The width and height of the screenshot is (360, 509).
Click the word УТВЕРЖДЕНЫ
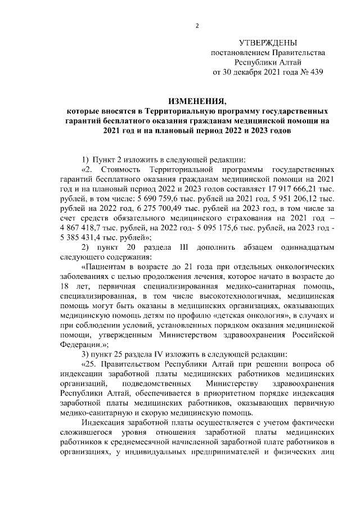(267, 43)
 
